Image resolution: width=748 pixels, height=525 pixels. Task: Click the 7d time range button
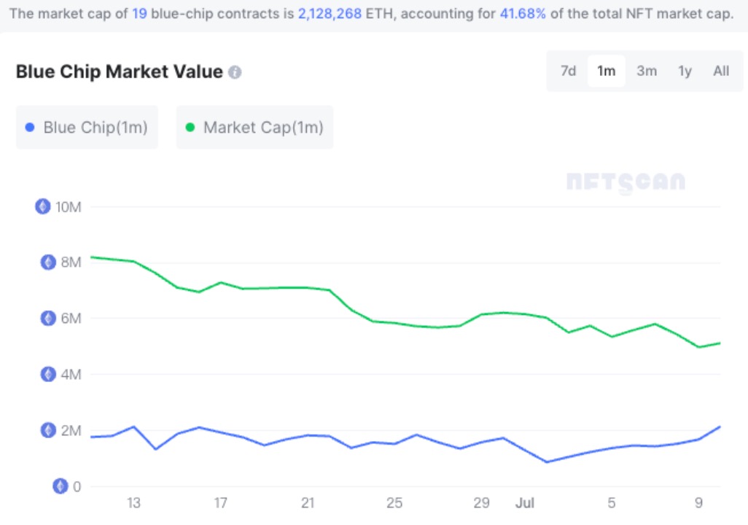point(568,71)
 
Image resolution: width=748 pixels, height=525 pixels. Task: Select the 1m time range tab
point(606,71)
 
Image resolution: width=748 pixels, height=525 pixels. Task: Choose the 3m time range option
point(646,71)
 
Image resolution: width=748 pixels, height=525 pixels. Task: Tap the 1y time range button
point(685,71)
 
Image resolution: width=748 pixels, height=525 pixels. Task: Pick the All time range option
point(721,71)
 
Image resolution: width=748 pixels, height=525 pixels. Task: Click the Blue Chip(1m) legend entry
point(87,128)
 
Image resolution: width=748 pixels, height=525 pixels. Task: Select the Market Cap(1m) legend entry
point(254,128)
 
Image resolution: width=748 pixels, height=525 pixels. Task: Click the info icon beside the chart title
point(235,72)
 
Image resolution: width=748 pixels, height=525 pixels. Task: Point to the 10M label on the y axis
point(68,206)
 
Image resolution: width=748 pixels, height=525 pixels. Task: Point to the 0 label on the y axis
point(77,486)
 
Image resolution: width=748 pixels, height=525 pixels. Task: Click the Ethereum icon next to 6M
point(48,319)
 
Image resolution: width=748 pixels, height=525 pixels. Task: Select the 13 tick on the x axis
point(133,503)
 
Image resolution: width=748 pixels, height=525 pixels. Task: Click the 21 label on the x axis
point(307,503)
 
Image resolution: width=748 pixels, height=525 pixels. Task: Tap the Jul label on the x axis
point(525,503)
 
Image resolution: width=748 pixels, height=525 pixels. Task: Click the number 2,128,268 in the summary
point(330,14)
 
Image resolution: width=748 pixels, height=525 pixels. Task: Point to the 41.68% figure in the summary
point(523,14)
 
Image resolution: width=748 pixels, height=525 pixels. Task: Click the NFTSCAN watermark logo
point(626,182)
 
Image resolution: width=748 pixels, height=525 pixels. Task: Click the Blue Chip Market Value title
point(119,71)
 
